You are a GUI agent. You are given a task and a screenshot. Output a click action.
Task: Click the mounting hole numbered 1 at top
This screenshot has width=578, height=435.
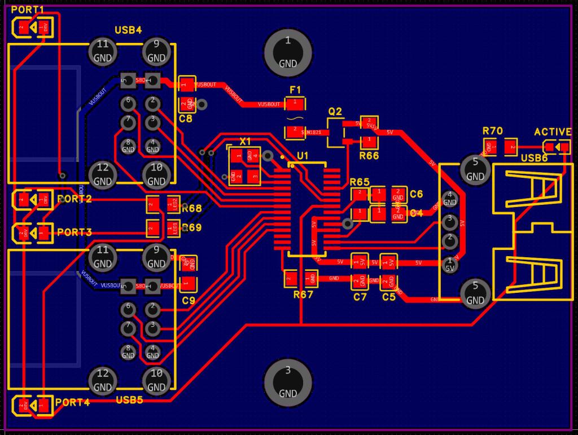tap(288, 51)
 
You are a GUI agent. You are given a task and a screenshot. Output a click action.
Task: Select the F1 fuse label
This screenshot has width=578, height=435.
tap(295, 90)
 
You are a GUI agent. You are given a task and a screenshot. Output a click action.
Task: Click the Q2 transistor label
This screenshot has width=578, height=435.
tap(335, 111)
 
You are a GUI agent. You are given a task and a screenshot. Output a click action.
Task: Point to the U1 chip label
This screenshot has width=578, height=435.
tap(303, 155)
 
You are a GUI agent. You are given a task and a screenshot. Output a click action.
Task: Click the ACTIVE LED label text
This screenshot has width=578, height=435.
tap(553, 132)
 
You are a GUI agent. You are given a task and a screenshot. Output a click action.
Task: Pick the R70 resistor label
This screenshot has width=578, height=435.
tap(492, 131)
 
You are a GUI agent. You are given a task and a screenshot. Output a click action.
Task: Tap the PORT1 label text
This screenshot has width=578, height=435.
tap(27, 10)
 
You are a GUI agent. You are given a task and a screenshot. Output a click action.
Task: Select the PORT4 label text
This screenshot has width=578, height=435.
tap(73, 402)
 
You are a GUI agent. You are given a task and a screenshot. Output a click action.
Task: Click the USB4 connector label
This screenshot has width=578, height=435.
tap(128, 30)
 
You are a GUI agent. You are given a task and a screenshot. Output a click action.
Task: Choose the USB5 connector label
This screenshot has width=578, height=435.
tap(129, 400)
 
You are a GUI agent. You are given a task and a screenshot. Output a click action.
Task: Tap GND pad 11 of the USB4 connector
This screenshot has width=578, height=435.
tap(102, 51)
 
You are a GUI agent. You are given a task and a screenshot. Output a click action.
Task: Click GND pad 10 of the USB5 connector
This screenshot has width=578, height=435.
tap(156, 380)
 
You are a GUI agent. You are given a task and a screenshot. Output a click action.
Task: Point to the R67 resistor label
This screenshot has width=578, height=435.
tap(303, 295)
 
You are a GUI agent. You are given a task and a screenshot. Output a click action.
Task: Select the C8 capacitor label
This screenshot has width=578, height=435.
tap(185, 119)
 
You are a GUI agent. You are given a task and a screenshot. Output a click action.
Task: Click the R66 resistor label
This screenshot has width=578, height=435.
tap(369, 155)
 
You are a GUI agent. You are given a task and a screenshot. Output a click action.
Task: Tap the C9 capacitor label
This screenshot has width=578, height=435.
tap(189, 301)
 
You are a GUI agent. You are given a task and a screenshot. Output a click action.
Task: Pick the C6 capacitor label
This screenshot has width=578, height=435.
tap(417, 194)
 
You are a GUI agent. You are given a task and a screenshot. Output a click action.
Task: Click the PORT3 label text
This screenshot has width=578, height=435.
tap(74, 232)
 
